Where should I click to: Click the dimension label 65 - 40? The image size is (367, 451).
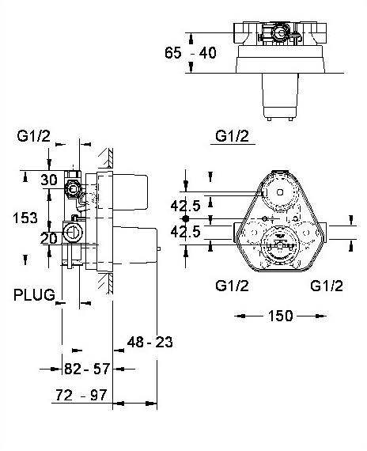pos(190,53)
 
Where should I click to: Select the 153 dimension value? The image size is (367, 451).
pos(25,218)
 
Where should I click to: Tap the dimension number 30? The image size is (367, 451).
pos(49,180)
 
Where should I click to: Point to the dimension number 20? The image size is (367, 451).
pos(49,238)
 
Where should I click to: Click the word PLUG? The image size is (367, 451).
pos(34,295)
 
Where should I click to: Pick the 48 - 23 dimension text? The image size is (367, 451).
pos(149,342)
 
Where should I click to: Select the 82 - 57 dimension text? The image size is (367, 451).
pos(87,369)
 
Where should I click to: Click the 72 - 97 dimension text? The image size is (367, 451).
pos(81,395)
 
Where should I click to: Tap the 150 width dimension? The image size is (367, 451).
pos(281,316)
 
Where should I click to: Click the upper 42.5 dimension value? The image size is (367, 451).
pos(185,206)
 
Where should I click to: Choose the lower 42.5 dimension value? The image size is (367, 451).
pos(185,232)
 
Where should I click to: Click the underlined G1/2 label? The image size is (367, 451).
pos(232,136)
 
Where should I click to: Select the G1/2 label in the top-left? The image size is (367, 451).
pos(34,136)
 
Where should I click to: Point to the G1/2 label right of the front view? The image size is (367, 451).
pos(327,286)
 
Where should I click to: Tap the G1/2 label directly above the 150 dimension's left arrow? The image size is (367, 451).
pos(232,286)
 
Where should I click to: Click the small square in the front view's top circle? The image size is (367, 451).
pos(280,191)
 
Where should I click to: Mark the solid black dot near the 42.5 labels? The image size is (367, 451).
pos(186,218)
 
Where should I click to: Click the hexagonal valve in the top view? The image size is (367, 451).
pos(279,33)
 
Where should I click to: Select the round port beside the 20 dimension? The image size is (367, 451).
pos(73,232)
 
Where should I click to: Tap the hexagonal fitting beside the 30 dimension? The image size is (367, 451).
pos(72,189)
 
